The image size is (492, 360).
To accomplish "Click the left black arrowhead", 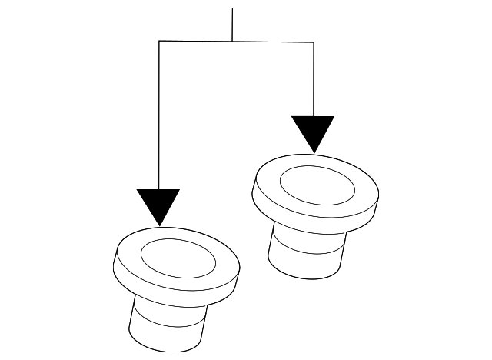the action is coord(159,204).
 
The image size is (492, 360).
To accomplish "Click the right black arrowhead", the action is coord(313,131).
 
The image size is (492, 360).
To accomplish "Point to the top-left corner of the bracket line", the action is coord(159,42).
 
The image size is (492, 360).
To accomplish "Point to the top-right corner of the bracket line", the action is coord(313,42).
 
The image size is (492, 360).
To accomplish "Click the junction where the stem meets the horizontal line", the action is coord(232,42).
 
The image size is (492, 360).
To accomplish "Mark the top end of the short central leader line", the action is coord(232,9).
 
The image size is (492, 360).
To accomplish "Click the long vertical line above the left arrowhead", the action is coord(159,115).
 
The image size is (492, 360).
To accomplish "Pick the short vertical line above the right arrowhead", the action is coord(313,77).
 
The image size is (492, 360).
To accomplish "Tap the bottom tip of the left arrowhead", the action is coord(159,225).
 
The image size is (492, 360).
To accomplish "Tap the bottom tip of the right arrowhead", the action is coord(313,152).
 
